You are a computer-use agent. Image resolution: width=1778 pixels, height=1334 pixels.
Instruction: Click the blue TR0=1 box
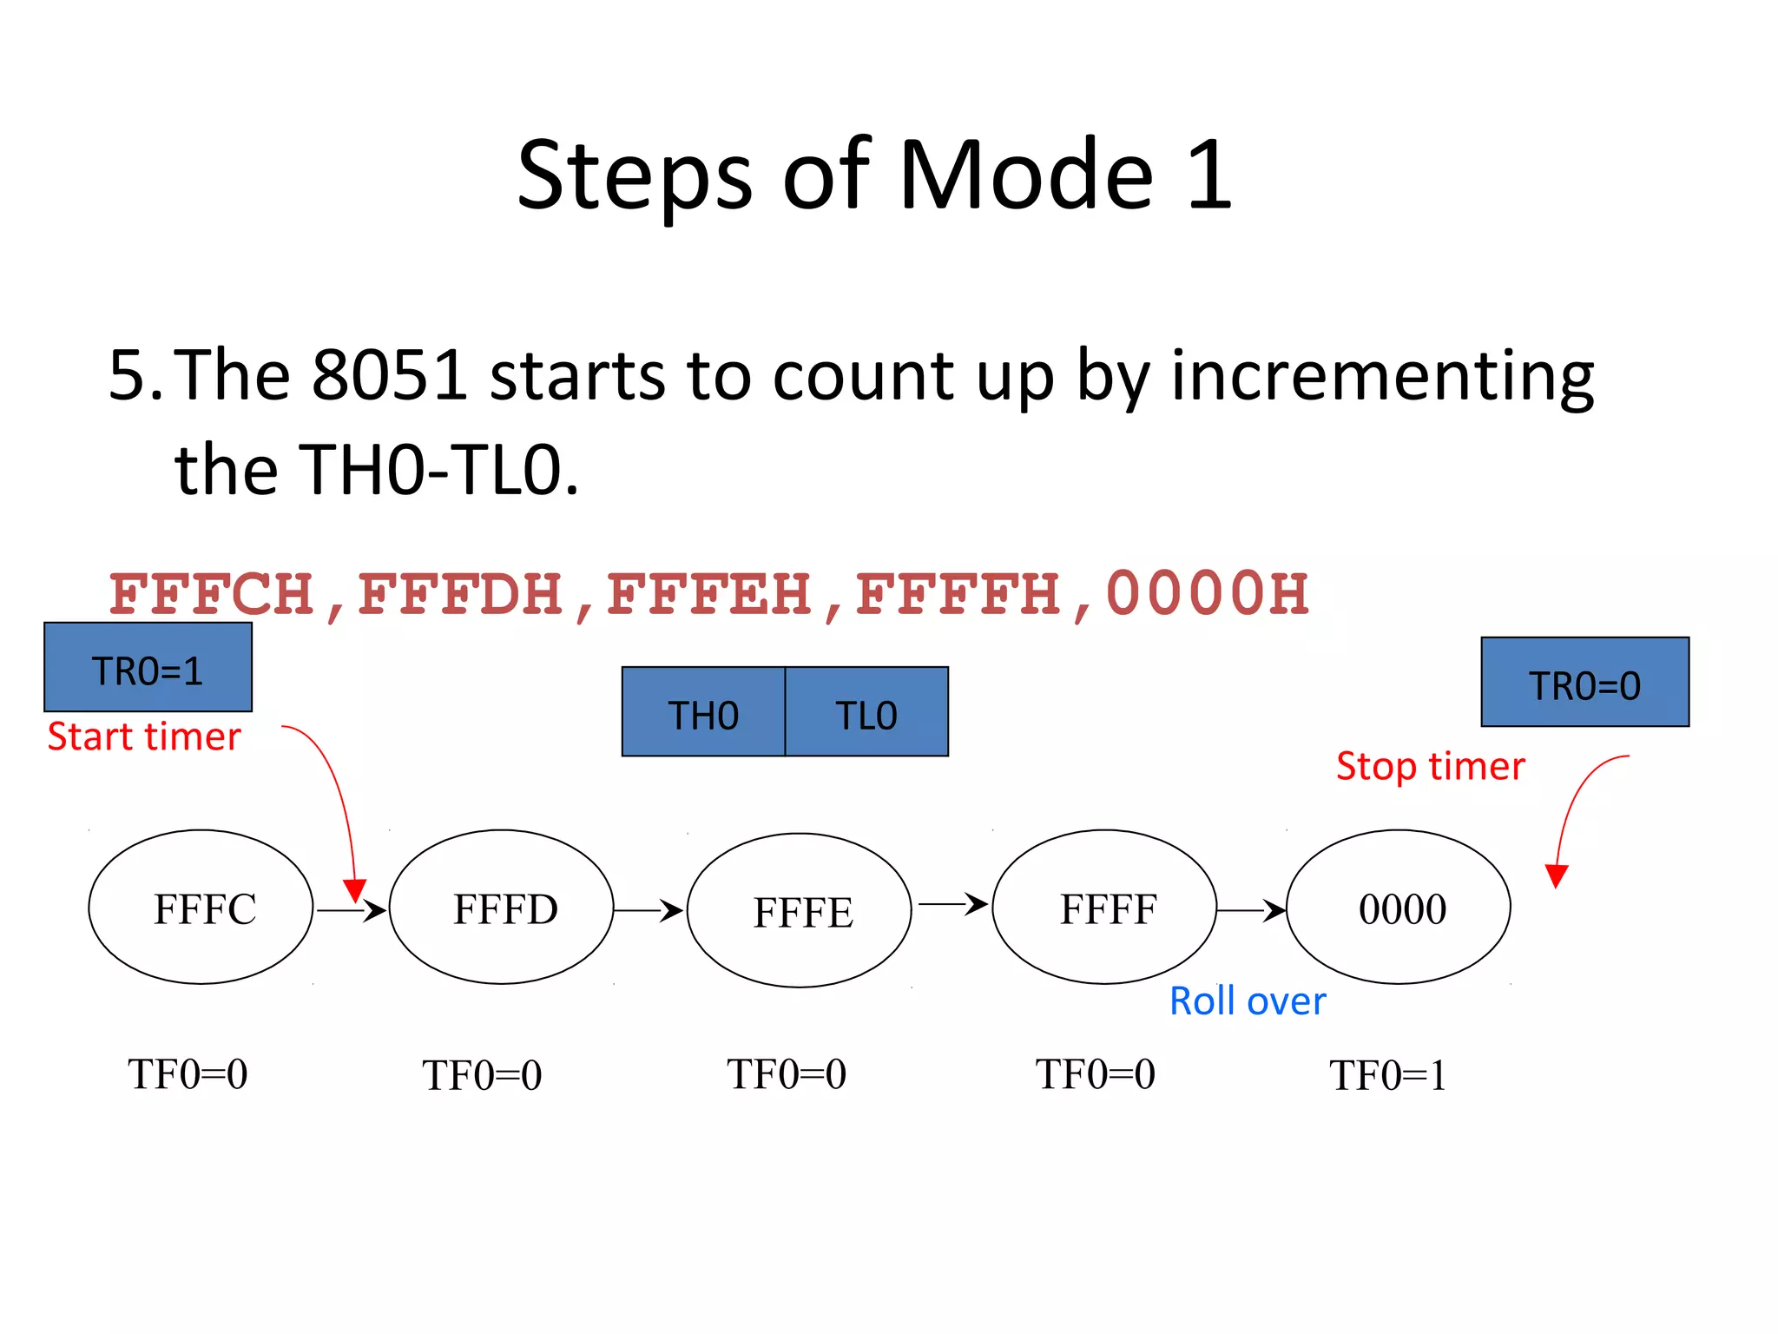148,667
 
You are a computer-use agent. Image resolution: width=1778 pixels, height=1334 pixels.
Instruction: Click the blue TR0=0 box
1584,683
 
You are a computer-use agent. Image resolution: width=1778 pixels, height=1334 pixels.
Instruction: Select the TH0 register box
703,712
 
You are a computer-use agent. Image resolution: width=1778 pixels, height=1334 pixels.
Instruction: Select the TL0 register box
866,712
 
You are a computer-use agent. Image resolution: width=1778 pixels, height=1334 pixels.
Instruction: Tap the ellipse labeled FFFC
201,908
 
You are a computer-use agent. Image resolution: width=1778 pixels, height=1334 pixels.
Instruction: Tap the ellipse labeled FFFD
502,908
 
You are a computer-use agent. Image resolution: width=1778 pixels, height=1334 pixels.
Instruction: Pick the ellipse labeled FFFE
800,911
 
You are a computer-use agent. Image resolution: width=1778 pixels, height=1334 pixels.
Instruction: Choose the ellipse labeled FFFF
1104,908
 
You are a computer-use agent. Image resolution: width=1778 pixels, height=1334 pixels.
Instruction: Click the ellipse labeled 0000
1399,908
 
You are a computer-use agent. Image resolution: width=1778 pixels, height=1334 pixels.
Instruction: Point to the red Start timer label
144,736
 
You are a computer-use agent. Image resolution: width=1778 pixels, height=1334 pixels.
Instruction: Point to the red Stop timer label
1430,766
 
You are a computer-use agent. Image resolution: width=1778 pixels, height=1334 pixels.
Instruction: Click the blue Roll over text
1248,1001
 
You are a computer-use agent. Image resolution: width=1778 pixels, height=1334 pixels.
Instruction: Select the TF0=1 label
1388,1075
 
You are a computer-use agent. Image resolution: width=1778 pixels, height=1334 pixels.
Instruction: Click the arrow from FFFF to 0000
1250,910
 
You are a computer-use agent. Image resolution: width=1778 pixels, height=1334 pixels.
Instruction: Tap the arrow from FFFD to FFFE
649,910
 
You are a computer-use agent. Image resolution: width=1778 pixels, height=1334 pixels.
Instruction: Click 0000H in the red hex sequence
1207,594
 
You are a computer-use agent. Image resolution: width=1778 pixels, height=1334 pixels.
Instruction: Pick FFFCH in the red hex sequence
212,594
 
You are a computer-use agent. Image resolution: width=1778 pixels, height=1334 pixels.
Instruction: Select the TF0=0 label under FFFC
188,1074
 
